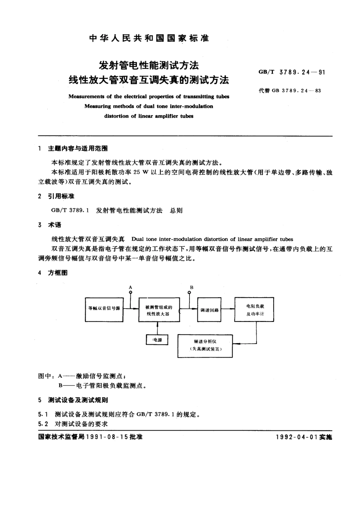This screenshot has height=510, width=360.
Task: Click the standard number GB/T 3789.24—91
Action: [x=291, y=72]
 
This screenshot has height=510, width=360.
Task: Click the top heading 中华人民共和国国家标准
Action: [x=149, y=38]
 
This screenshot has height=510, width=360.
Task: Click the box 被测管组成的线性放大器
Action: [x=159, y=310]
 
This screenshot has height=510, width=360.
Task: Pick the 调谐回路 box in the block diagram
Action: [x=209, y=310]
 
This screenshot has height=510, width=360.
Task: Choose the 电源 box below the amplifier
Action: [x=157, y=340]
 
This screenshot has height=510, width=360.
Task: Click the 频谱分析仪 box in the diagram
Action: [x=205, y=345]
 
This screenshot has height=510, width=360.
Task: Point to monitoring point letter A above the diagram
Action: [x=131, y=288]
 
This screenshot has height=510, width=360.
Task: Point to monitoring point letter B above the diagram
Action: [x=192, y=287]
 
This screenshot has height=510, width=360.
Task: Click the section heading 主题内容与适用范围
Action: [x=78, y=149]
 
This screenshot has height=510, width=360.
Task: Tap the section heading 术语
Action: [x=54, y=225]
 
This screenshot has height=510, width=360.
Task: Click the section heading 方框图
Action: [x=58, y=273]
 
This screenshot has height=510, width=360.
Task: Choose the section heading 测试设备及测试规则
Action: [x=78, y=400]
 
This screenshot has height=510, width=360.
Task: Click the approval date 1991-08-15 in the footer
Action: [x=107, y=437]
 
